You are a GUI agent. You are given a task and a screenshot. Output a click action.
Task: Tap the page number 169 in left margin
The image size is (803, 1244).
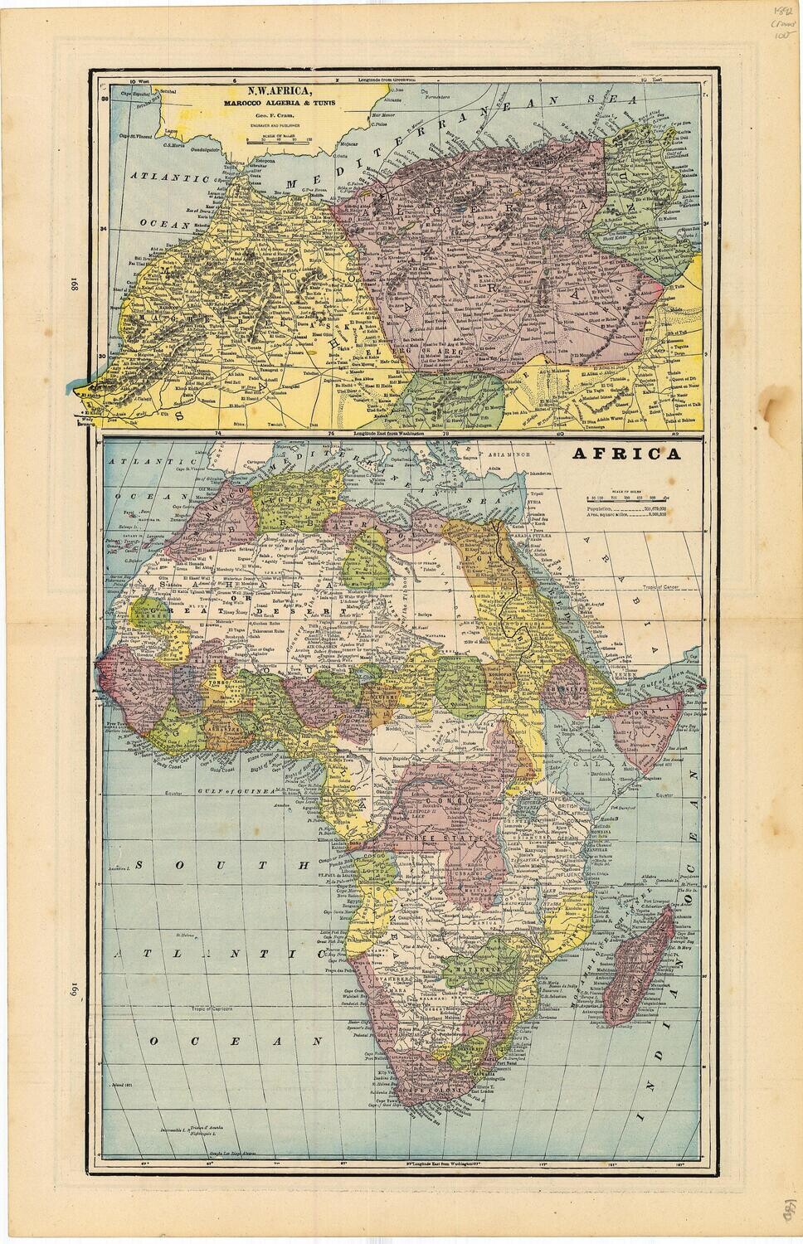tap(72, 988)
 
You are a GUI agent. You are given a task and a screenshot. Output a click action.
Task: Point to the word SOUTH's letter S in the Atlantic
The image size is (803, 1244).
tap(140, 865)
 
